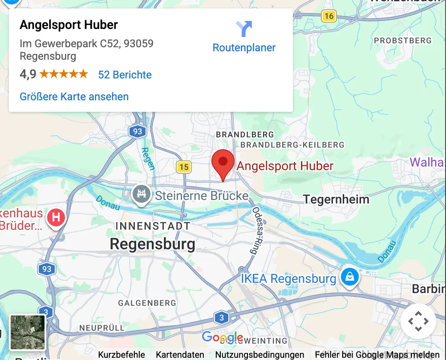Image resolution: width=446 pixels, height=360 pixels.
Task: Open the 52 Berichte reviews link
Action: pos(125,74)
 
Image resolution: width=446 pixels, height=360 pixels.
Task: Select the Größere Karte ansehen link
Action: pos(74,97)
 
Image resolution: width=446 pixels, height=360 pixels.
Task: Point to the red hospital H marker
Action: pos(56,218)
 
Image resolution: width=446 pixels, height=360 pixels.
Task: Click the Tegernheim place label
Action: pos(336,199)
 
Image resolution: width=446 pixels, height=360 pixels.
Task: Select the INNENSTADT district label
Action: pos(153,226)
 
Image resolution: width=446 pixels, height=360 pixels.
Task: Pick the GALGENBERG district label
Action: pos(147,303)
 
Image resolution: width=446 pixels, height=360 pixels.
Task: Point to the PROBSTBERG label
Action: pos(402,41)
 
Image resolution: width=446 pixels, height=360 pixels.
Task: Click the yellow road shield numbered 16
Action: pos(328,16)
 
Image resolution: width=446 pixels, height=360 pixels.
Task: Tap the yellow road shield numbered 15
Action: pos(183,167)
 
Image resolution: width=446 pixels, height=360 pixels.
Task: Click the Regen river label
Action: pos(148,159)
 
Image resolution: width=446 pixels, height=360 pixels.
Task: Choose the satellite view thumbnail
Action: pos(28,332)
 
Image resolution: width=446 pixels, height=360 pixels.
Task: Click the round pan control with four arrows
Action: pos(418,321)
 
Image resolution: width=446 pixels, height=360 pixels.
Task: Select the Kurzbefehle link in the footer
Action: pos(122,355)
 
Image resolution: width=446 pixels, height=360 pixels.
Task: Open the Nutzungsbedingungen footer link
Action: pos(260,355)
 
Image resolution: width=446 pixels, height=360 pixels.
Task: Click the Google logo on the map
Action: pos(223,337)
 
